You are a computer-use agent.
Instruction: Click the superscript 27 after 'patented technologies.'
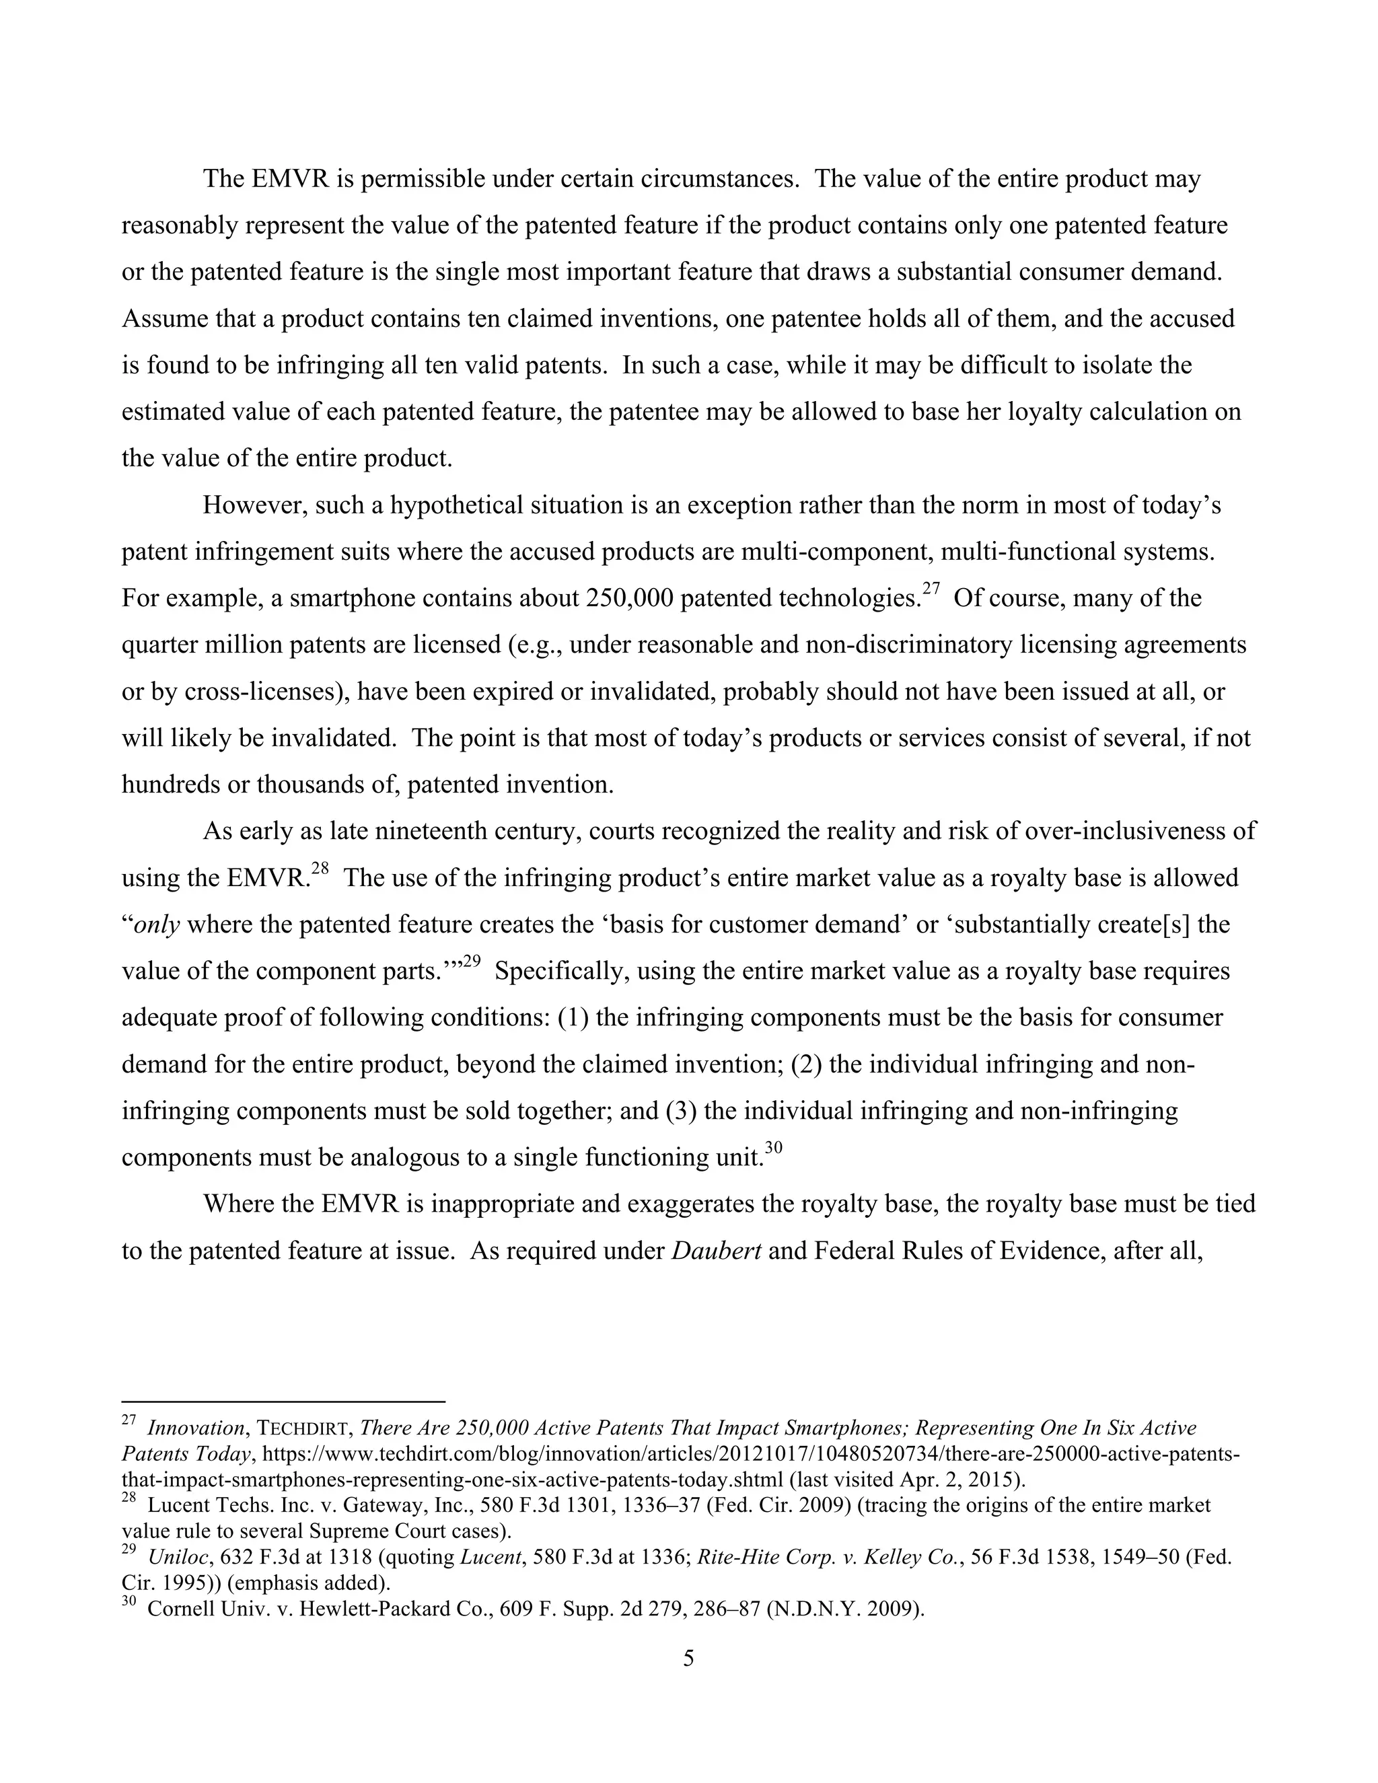(931, 589)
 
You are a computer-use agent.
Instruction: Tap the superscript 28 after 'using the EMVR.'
(320, 869)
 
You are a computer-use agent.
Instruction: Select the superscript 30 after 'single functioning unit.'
(774, 1149)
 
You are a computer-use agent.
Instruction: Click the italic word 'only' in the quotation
(157, 925)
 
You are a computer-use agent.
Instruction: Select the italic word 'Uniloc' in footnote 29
(178, 1557)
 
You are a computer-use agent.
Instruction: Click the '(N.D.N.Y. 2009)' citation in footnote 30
(845, 1609)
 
